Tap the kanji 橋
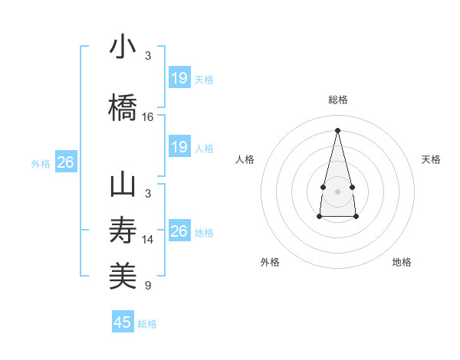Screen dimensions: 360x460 [x=123, y=107]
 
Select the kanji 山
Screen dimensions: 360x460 [x=123, y=185]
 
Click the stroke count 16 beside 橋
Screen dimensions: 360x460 [x=148, y=117]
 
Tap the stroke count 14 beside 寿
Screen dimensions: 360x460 [x=148, y=240]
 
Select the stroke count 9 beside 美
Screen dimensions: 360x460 [x=148, y=286]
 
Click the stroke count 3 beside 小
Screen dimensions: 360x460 [x=148, y=56]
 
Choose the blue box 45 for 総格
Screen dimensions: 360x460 [x=123, y=322]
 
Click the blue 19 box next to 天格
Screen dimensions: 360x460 [x=179, y=77]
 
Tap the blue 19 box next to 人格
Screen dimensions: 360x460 [x=179, y=146]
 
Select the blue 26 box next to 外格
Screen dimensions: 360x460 [x=66, y=162]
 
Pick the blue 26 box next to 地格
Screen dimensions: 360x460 [x=179, y=231]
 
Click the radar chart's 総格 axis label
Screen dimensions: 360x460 [x=337, y=100]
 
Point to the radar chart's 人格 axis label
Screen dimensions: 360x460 [x=245, y=159]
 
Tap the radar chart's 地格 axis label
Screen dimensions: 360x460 [x=402, y=262]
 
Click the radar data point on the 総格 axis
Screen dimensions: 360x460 [x=337, y=129]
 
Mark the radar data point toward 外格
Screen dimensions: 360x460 [x=319, y=217]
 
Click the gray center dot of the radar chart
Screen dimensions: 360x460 [x=337, y=191]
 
